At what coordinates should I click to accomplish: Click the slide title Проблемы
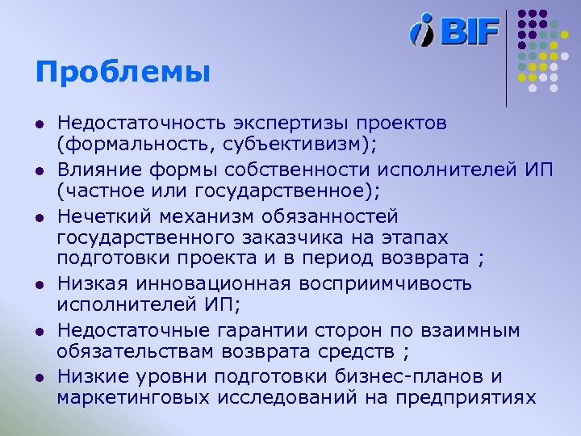click(x=122, y=73)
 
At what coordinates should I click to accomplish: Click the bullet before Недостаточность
click(x=39, y=124)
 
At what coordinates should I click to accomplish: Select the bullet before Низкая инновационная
click(x=39, y=284)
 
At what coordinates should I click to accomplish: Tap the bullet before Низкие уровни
click(x=39, y=377)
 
